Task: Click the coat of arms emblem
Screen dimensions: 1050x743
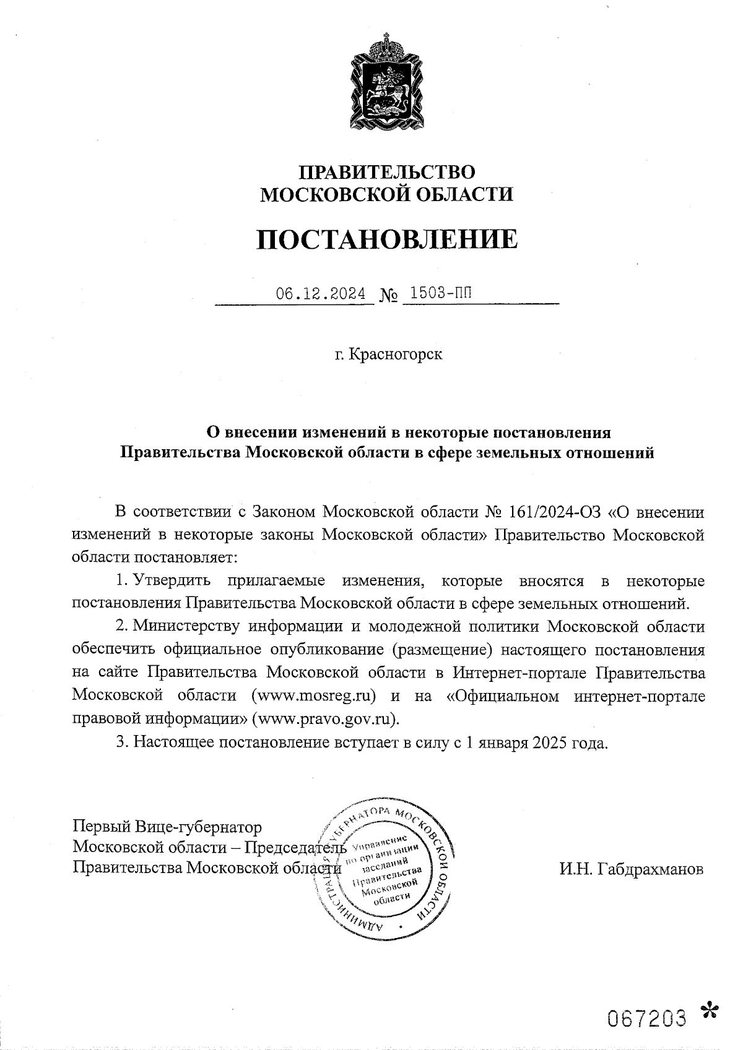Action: pyautogui.click(x=386, y=84)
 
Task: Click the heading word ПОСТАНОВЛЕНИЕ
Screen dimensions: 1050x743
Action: pyautogui.click(x=387, y=239)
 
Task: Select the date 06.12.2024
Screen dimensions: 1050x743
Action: pyautogui.click(x=321, y=294)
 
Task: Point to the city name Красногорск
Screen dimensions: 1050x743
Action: pyautogui.click(x=396, y=355)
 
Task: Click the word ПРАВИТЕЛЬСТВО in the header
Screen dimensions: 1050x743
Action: pyautogui.click(x=387, y=171)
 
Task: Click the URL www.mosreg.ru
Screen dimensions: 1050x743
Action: pyautogui.click(x=315, y=695)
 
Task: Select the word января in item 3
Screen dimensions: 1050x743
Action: pyautogui.click(x=502, y=743)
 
